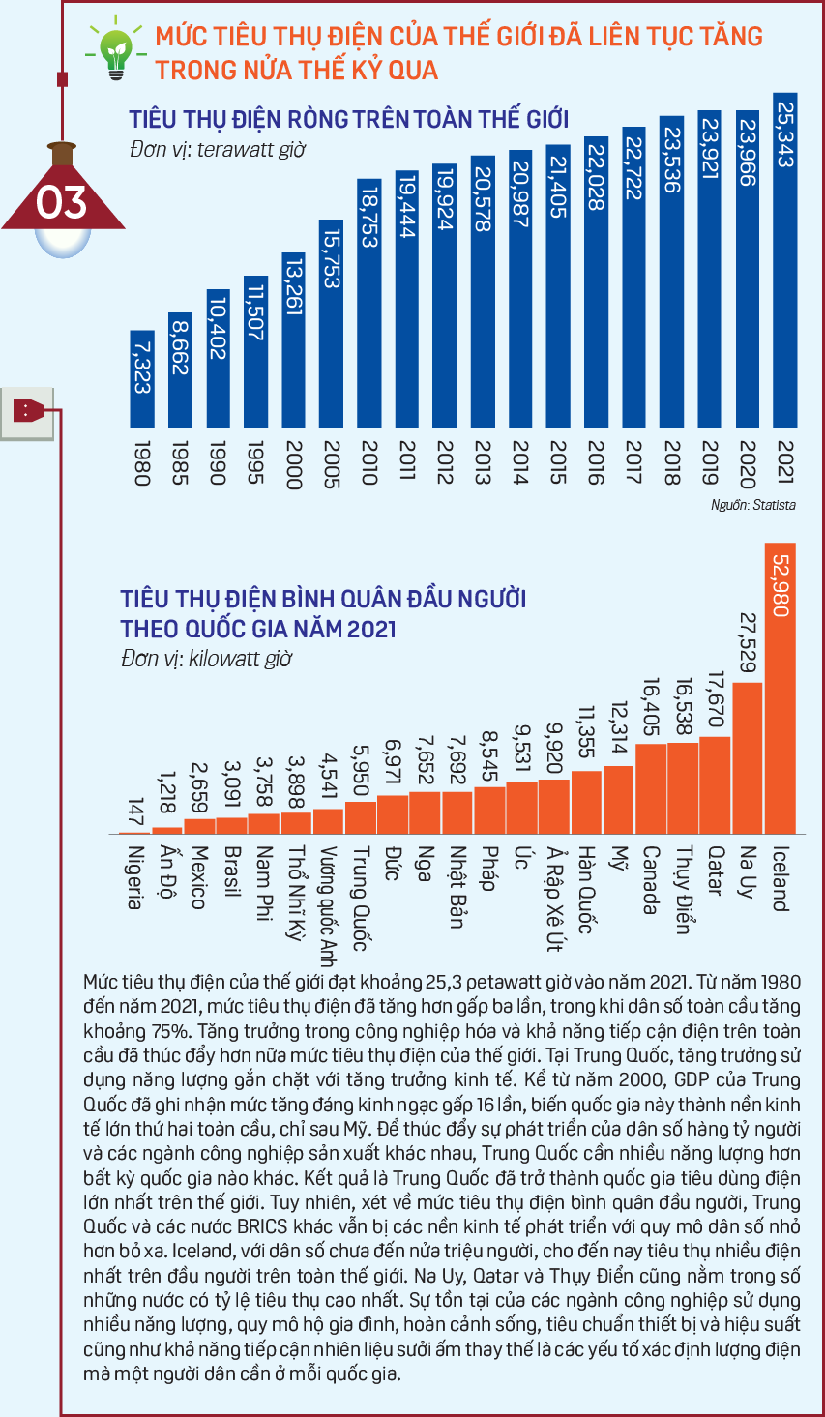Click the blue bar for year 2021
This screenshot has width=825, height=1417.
pos(784,260)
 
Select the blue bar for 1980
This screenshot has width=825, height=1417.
pos(142,379)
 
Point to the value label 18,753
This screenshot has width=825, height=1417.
pos(369,217)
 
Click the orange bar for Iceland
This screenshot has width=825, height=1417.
pos(781,689)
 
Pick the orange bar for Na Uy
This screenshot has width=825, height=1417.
pos(748,758)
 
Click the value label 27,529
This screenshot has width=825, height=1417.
pos(748,642)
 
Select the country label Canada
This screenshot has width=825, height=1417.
pos(651,880)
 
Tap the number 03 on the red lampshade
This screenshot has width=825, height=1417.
pos(61,202)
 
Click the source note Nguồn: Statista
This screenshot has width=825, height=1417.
pos(752,505)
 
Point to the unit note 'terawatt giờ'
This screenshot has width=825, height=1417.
pos(251,150)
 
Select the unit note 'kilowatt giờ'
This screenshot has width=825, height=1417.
pos(240,659)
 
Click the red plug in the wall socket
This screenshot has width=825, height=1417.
pos(29,410)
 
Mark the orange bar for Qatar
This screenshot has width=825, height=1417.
pos(715,785)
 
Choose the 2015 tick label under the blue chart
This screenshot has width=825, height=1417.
pos(558,463)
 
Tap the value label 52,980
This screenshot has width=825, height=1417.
pos(781,585)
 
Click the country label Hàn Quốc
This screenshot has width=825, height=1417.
pos(586,890)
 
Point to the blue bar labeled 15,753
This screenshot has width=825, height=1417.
pos(331,324)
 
